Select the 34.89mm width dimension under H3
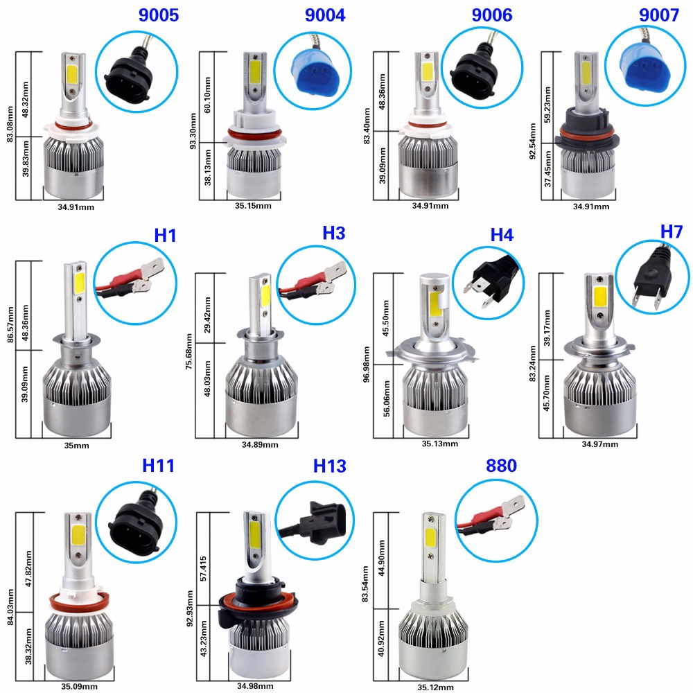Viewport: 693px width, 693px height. point(261,444)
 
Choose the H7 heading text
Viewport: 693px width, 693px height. point(671,232)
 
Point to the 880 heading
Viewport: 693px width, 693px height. point(501,466)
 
